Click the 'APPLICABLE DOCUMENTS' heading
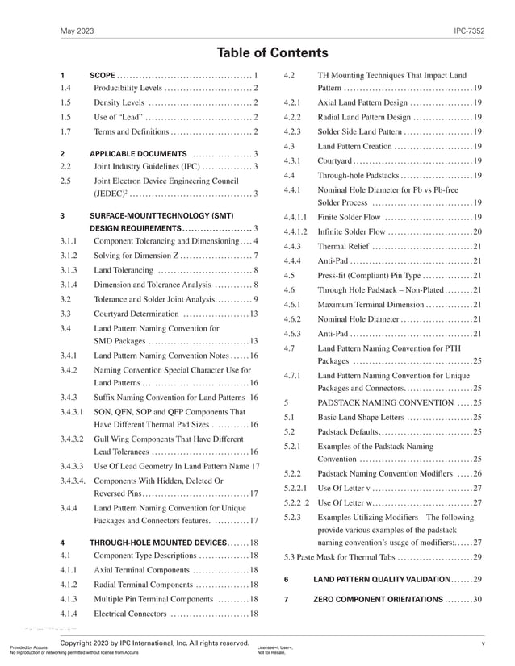[137, 153]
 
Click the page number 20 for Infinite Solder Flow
[477, 231]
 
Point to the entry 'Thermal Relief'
[345, 246]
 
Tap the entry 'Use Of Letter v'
[344, 488]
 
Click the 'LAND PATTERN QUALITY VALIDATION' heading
[381, 579]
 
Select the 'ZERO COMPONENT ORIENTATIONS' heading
[378, 600]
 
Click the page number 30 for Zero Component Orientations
[477, 600]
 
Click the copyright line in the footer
[154, 643]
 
